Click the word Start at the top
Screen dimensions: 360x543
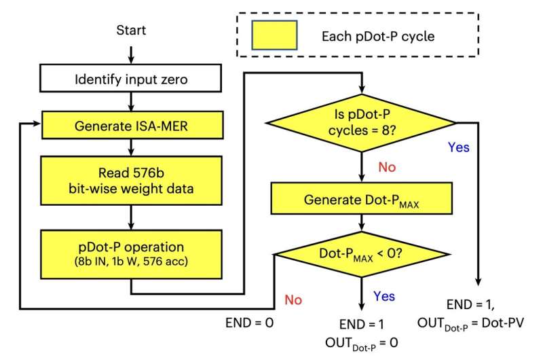[x=130, y=31]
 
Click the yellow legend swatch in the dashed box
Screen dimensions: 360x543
[x=274, y=33]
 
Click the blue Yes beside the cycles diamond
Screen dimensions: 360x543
[x=458, y=147]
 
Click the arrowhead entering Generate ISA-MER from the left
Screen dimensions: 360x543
[x=39, y=124]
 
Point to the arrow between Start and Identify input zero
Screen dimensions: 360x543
[x=130, y=52]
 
